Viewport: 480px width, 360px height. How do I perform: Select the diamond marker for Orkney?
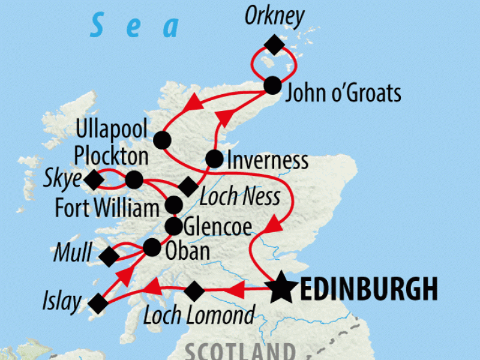(x=274, y=44)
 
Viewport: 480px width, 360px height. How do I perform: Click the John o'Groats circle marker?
(x=273, y=85)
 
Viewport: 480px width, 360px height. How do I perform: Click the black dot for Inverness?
(x=214, y=159)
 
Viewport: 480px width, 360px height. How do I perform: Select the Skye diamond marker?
(x=92, y=179)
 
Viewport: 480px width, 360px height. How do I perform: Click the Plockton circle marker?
(x=134, y=179)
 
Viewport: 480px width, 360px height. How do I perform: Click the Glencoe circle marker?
(x=174, y=226)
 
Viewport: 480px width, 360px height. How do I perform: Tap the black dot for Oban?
(x=152, y=246)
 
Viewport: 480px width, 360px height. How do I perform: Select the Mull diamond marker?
(x=109, y=257)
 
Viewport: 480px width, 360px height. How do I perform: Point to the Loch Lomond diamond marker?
(x=194, y=291)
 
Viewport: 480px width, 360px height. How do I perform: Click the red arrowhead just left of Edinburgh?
(x=238, y=291)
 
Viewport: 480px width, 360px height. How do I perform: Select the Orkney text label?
(x=275, y=17)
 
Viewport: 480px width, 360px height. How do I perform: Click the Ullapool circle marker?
(x=161, y=140)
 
